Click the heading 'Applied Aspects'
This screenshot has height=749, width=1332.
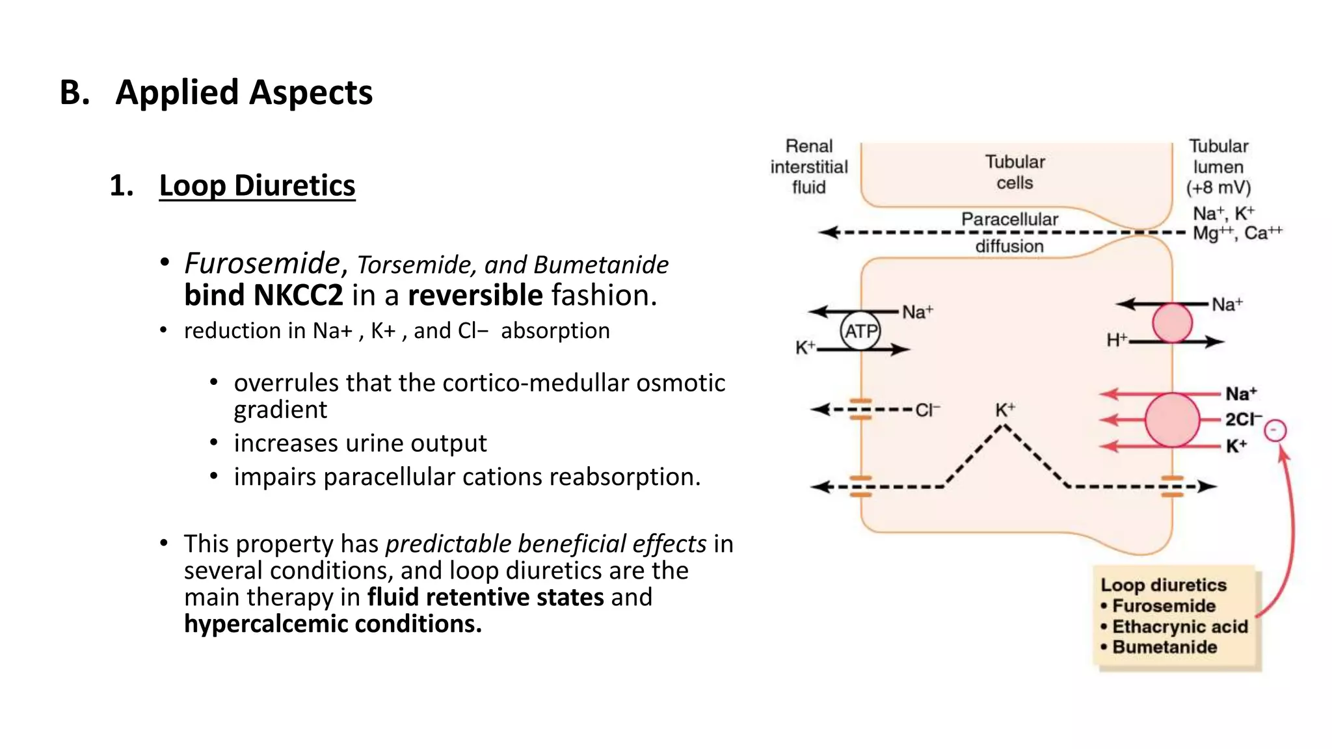click(x=244, y=92)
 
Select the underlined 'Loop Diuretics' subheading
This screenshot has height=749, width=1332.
click(x=257, y=185)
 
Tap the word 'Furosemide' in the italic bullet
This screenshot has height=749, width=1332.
click(x=261, y=263)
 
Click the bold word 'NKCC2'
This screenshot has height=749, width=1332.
click(x=298, y=295)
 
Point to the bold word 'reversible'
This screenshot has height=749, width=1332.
click(x=475, y=295)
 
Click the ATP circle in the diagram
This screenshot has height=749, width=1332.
click(x=860, y=331)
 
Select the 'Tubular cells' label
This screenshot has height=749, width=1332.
click(x=1015, y=172)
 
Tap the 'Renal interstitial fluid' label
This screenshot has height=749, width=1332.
click(x=808, y=166)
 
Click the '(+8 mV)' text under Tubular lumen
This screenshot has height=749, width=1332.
click(x=1218, y=188)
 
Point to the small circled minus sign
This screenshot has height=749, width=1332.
click(x=1275, y=430)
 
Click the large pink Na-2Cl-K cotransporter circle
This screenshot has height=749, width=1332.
click(x=1172, y=420)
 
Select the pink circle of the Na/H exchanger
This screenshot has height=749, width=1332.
click(x=1172, y=323)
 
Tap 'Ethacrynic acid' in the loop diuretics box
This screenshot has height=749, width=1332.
click(x=1180, y=627)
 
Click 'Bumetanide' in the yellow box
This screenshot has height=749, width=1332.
click(x=1164, y=648)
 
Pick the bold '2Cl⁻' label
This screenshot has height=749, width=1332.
click(x=1243, y=419)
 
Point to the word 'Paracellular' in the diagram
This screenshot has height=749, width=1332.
click(x=1009, y=219)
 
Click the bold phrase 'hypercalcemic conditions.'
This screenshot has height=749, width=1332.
click(x=332, y=624)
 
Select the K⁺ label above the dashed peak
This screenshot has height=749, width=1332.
click(x=1004, y=410)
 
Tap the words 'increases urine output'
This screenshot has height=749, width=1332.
click(x=360, y=443)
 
